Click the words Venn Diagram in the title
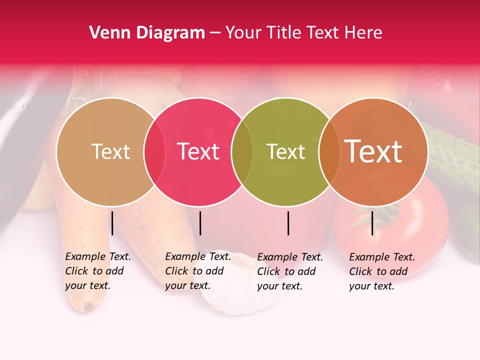point(146,33)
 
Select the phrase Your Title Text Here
point(303,33)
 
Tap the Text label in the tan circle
point(110,151)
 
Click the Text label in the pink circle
point(198,151)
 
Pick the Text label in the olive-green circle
point(286,151)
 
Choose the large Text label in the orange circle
point(373,151)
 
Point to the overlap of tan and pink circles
point(154,151)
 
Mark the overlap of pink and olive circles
point(242,151)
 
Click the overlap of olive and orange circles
point(328,151)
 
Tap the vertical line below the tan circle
point(112,223)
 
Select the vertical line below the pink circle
point(200,223)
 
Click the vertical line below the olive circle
point(288,223)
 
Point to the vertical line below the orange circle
point(372,223)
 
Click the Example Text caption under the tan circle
point(97,271)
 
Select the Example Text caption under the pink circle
point(197,271)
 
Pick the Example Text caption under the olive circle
point(289,271)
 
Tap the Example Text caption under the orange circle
point(381,271)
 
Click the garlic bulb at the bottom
point(240,290)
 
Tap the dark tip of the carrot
point(89,305)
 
